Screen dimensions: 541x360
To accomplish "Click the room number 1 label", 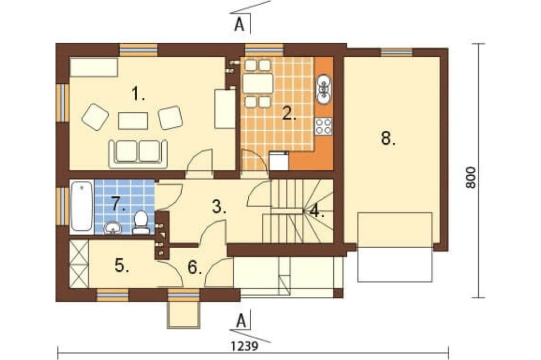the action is [138, 94].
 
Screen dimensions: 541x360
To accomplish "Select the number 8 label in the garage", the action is [388, 138].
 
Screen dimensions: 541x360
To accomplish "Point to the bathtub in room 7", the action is [82, 206].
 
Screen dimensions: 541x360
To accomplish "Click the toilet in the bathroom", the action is [141, 223].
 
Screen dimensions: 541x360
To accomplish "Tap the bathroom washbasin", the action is [113, 228].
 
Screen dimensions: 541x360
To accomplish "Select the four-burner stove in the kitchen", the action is [324, 126].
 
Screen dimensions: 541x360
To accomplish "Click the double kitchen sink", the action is [324, 89].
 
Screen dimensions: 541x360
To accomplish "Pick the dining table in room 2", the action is [258, 83].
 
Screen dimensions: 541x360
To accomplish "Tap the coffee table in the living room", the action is [133, 121].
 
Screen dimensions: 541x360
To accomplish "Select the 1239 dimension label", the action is [245, 345].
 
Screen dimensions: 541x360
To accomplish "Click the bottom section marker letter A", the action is [241, 321].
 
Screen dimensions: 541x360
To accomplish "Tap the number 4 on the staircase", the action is [316, 211].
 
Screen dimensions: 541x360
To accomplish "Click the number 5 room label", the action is [122, 265].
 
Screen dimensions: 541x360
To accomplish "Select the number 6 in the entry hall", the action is [195, 267].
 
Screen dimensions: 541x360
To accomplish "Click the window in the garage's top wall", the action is [397, 52].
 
